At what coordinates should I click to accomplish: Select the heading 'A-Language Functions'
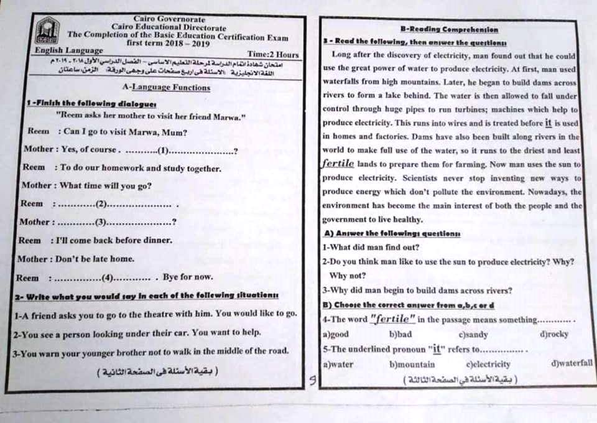click(x=166, y=88)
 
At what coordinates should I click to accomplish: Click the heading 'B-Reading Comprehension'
click(x=449, y=29)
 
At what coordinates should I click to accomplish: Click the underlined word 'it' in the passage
click(x=548, y=123)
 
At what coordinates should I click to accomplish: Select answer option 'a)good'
click(x=336, y=335)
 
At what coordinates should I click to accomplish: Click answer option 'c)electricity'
click(x=488, y=365)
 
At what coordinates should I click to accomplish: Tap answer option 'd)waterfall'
click(x=572, y=364)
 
